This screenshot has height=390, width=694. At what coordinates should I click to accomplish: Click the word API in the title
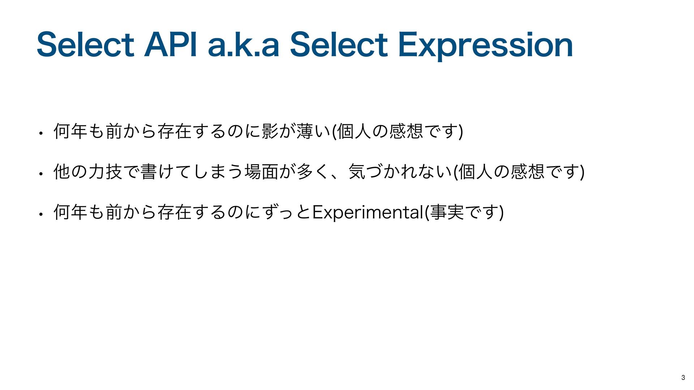point(171,45)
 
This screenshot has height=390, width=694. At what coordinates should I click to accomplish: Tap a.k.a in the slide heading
point(244,45)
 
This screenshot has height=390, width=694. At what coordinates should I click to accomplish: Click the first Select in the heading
point(85,45)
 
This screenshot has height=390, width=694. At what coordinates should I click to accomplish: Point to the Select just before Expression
point(339,45)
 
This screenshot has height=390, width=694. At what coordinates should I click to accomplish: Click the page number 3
point(683,378)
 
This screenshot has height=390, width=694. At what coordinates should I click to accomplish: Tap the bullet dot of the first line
point(42,133)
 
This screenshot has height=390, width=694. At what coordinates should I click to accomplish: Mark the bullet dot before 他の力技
point(42,173)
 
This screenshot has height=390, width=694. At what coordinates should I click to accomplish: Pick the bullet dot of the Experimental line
point(42,214)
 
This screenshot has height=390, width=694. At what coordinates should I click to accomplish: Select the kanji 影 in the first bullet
point(270,131)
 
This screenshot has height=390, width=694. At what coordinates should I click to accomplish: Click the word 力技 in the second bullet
point(105,171)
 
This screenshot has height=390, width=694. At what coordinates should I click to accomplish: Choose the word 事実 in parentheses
point(447,212)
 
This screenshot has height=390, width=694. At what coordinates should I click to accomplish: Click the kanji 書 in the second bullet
point(149,171)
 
